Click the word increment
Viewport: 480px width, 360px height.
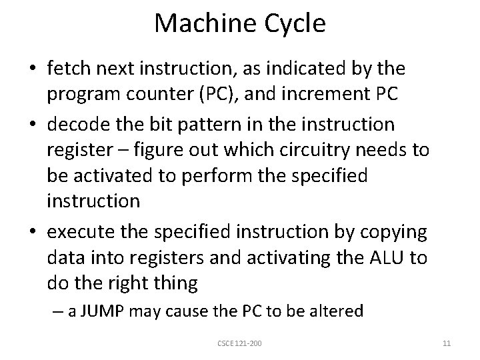click(x=319, y=93)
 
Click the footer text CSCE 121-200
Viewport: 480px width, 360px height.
click(x=240, y=343)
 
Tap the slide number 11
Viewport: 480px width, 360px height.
click(x=447, y=343)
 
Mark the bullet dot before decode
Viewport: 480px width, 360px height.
click(x=32, y=125)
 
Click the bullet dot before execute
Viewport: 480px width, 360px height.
click(x=32, y=232)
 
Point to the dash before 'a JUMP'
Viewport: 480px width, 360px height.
click(x=58, y=311)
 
